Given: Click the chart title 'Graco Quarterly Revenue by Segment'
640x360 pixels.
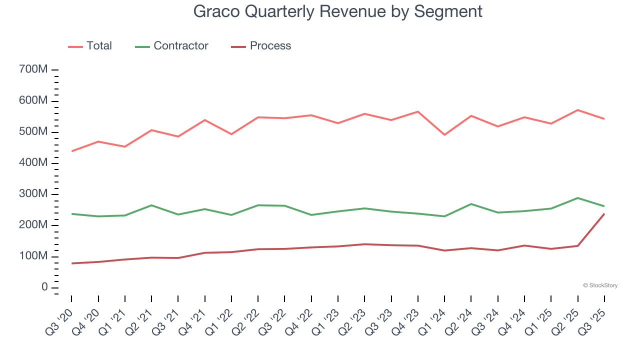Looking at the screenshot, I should [338, 11].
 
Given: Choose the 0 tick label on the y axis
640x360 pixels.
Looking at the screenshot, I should [44, 287].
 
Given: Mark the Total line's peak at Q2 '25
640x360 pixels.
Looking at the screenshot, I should [578, 110].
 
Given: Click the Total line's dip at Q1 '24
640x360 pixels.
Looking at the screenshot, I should [444, 135].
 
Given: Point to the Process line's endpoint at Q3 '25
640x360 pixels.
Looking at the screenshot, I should [604, 214].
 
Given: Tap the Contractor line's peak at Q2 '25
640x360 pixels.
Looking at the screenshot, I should [578, 198].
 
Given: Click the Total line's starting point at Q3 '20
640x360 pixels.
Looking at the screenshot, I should [71, 151].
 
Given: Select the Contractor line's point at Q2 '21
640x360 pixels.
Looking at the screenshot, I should [151, 205].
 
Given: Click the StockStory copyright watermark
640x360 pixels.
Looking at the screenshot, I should [600, 285].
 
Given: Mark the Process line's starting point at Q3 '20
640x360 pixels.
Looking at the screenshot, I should [71, 263].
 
